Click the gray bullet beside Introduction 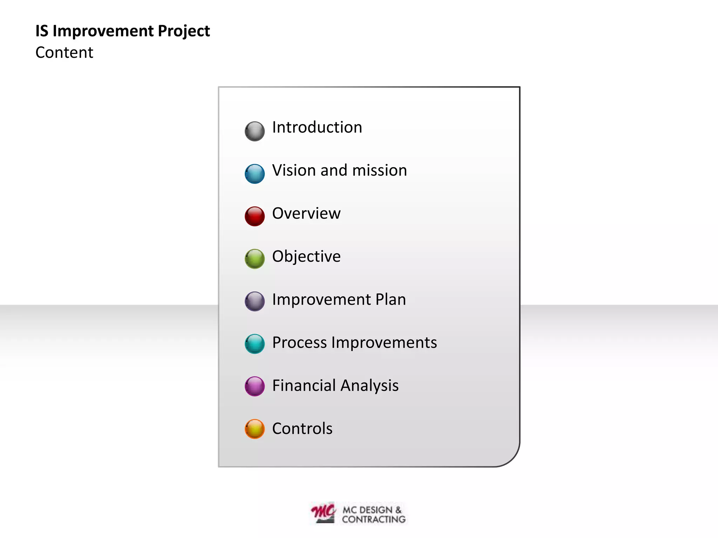click(x=255, y=131)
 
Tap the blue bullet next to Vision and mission click(x=255, y=174)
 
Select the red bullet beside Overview click(x=255, y=216)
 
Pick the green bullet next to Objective click(x=255, y=259)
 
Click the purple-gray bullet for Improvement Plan click(x=255, y=301)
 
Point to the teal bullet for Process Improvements click(x=255, y=344)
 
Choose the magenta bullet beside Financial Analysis click(x=255, y=386)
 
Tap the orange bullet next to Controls click(x=255, y=429)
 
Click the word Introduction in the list click(x=317, y=127)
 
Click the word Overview click(x=306, y=213)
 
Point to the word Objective click(x=306, y=256)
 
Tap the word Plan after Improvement click(x=391, y=299)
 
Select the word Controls click(x=302, y=429)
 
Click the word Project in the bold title click(x=184, y=31)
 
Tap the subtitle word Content click(x=65, y=53)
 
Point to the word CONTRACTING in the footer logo click(x=374, y=519)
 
